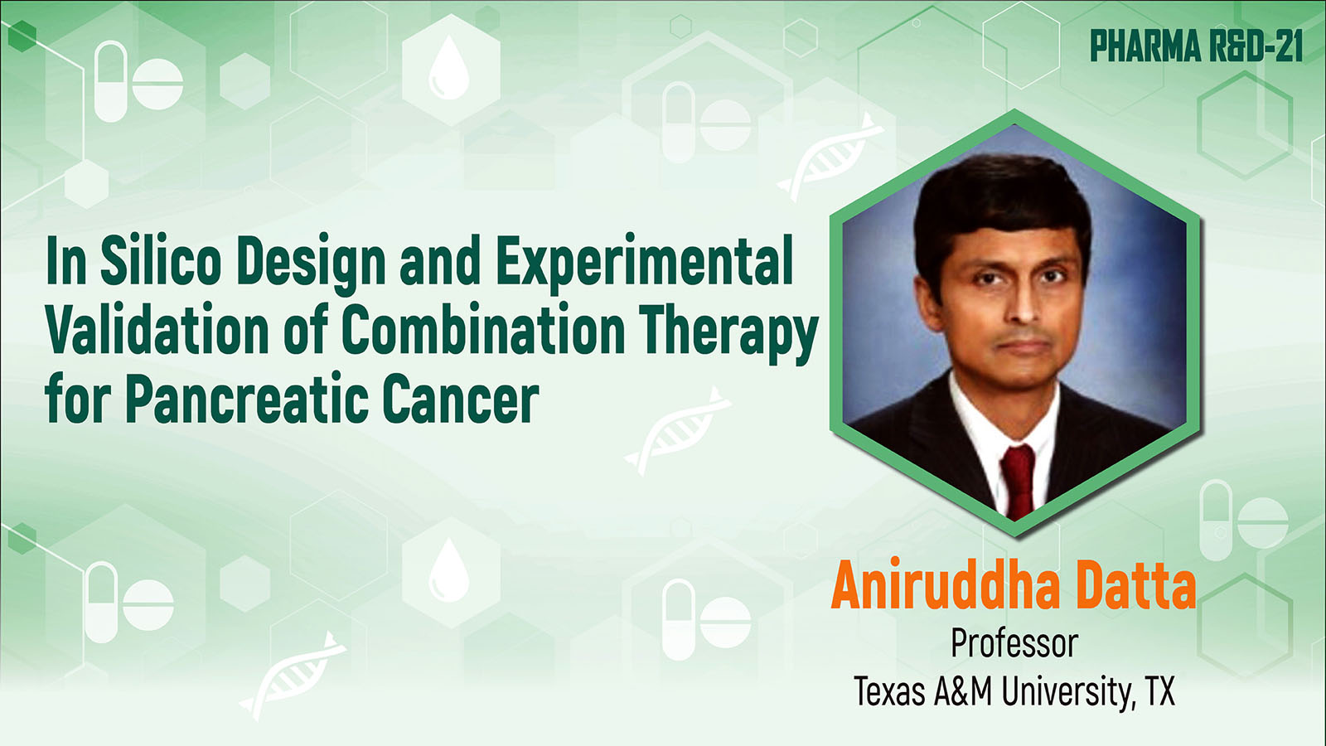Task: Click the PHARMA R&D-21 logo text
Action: coord(1197,46)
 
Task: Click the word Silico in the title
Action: coord(161,260)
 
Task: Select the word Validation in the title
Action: coord(157,329)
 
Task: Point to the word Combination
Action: coord(483,329)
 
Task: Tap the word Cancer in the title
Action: coord(461,399)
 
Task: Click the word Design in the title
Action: coord(312,264)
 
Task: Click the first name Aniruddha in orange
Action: coord(946,584)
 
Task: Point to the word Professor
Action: coord(1014,643)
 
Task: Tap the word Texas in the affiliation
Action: coord(890,691)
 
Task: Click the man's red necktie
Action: coord(1018,480)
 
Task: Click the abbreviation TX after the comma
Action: coord(1159,691)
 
